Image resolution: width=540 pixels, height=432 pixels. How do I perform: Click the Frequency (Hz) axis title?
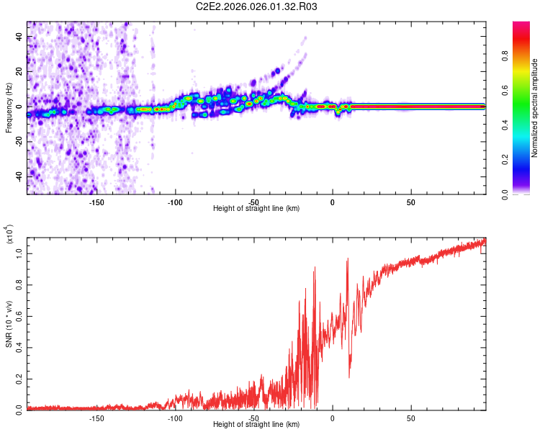coord(9,107)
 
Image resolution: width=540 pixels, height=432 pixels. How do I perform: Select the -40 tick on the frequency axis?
coord(18,176)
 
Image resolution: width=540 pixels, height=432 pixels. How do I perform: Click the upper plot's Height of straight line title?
coord(256,209)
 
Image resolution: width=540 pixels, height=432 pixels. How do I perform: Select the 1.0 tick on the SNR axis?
coord(19,253)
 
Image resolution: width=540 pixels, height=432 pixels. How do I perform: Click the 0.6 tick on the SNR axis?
coord(19,315)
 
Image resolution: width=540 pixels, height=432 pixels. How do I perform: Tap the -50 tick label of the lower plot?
coord(253,417)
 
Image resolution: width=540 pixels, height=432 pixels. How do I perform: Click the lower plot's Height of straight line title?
coord(256,425)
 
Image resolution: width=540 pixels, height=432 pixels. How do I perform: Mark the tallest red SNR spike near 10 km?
coord(348,259)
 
